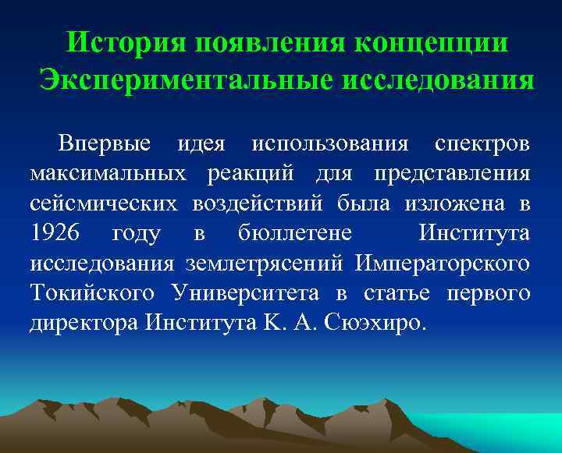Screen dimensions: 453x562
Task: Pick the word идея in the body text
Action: (x=201, y=145)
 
